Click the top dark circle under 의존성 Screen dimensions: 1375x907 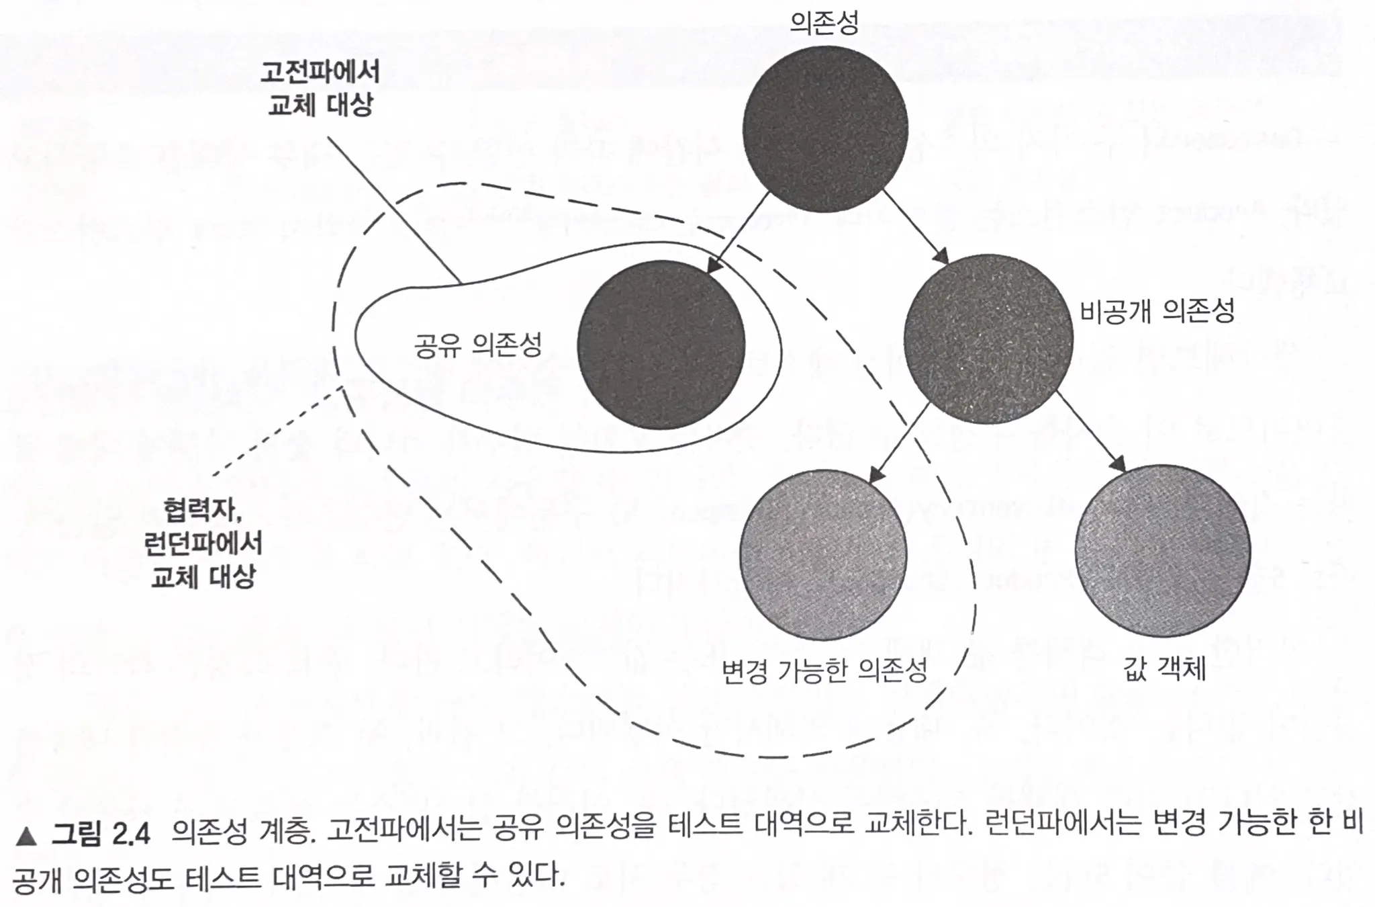(x=825, y=128)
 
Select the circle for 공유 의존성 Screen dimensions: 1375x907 (x=661, y=345)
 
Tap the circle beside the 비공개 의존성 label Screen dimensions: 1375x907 (x=988, y=339)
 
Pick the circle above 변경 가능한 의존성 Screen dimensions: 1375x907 (x=823, y=553)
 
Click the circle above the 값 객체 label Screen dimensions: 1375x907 (x=1162, y=551)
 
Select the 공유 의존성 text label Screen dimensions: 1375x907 (x=477, y=345)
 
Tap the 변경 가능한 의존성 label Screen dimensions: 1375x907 (x=824, y=671)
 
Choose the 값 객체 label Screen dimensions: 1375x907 (x=1164, y=669)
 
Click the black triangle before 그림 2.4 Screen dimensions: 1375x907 (x=27, y=836)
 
